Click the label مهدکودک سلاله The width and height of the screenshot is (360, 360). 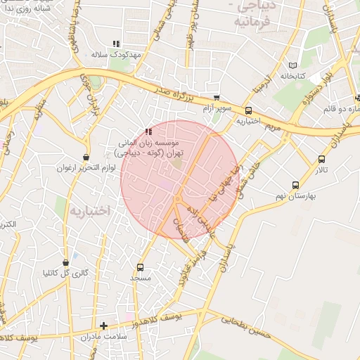click(116, 54)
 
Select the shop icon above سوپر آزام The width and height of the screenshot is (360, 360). click(217, 98)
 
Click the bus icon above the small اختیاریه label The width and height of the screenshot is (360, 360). click(248, 110)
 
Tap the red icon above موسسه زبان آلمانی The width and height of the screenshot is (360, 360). click(148, 131)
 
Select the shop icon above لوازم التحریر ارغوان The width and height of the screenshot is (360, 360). click(86, 157)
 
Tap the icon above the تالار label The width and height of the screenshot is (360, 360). click(321, 160)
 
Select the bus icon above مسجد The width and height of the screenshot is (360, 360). click(140, 267)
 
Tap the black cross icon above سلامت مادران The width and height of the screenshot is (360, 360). click(104, 326)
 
